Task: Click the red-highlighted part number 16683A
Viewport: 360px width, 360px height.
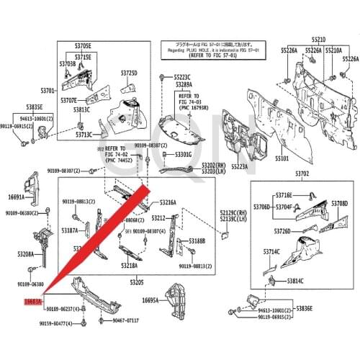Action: (34, 302)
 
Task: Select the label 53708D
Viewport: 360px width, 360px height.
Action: (339, 204)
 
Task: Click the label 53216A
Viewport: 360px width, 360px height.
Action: (168, 202)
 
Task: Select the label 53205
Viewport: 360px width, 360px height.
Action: (137, 282)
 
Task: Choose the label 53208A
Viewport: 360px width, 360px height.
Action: (26, 254)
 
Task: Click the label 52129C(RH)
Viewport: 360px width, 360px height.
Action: (234, 212)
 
